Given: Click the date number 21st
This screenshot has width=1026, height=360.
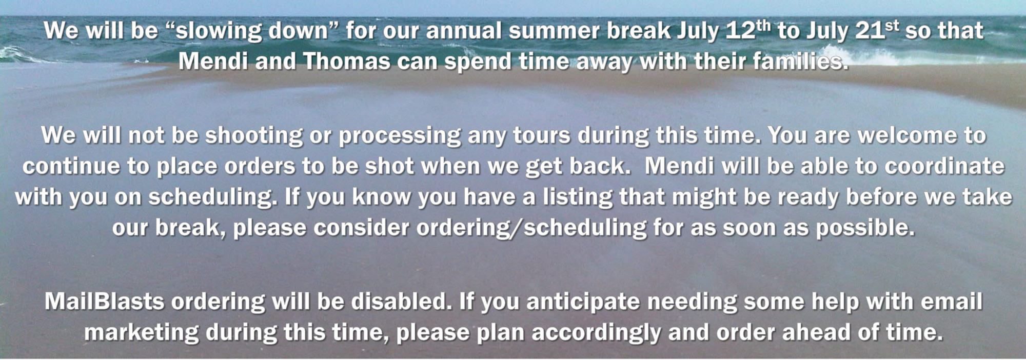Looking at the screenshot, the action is coord(877,30).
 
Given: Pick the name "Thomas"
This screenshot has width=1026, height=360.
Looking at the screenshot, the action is coord(346,62).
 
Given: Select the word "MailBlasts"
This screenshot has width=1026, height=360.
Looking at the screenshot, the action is coord(104,302).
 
